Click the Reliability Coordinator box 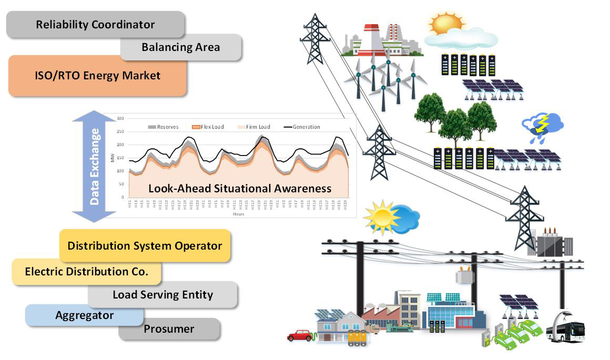point(95,24)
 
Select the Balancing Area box point(180,47)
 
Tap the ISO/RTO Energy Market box point(97,76)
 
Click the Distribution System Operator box point(145,245)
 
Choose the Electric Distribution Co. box point(86,272)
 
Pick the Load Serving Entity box point(162,294)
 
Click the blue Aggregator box point(84,315)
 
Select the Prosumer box point(169,330)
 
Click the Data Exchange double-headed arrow point(95,166)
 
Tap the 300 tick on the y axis point(120,118)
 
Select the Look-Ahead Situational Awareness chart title point(240,188)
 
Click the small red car point(300,335)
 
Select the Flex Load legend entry point(207,127)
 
